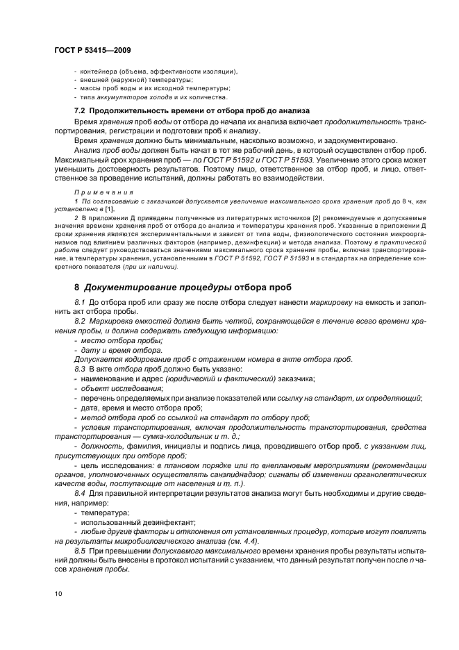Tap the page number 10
(x=58, y=592)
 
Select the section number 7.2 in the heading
(x=81, y=111)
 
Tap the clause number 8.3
(x=81, y=368)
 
